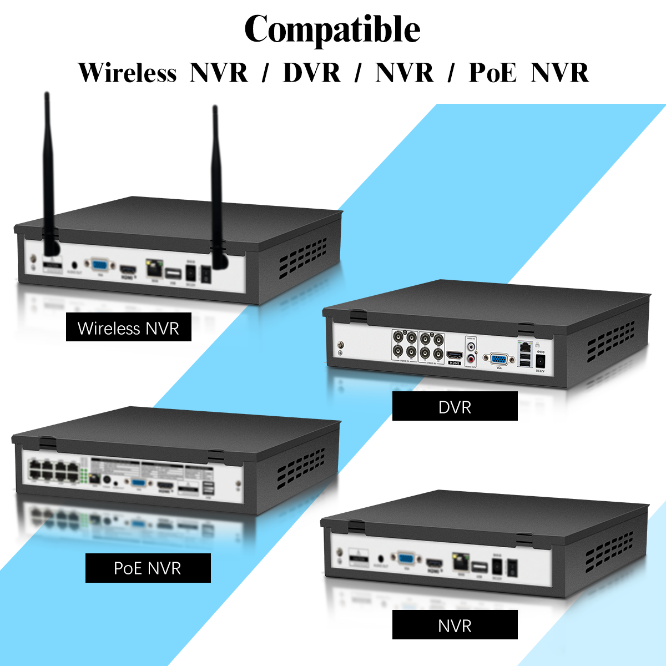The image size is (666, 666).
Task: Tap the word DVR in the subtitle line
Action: (x=311, y=73)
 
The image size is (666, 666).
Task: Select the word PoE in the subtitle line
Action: (x=492, y=73)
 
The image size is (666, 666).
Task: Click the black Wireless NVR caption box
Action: (x=128, y=327)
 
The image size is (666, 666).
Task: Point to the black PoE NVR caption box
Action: (x=148, y=568)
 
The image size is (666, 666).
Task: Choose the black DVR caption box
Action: (x=455, y=406)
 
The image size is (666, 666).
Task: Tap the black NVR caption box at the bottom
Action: (x=455, y=625)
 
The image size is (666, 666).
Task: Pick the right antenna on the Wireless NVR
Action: (x=216, y=183)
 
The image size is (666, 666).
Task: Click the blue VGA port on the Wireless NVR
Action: (x=100, y=265)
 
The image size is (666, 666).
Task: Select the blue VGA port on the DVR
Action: (x=498, y=360)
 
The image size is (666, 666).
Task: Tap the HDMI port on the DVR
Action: (x=455, y=356)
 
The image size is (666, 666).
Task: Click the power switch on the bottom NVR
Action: (x=512, y=568)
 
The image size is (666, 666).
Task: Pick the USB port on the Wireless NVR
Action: (x=173, y=273)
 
